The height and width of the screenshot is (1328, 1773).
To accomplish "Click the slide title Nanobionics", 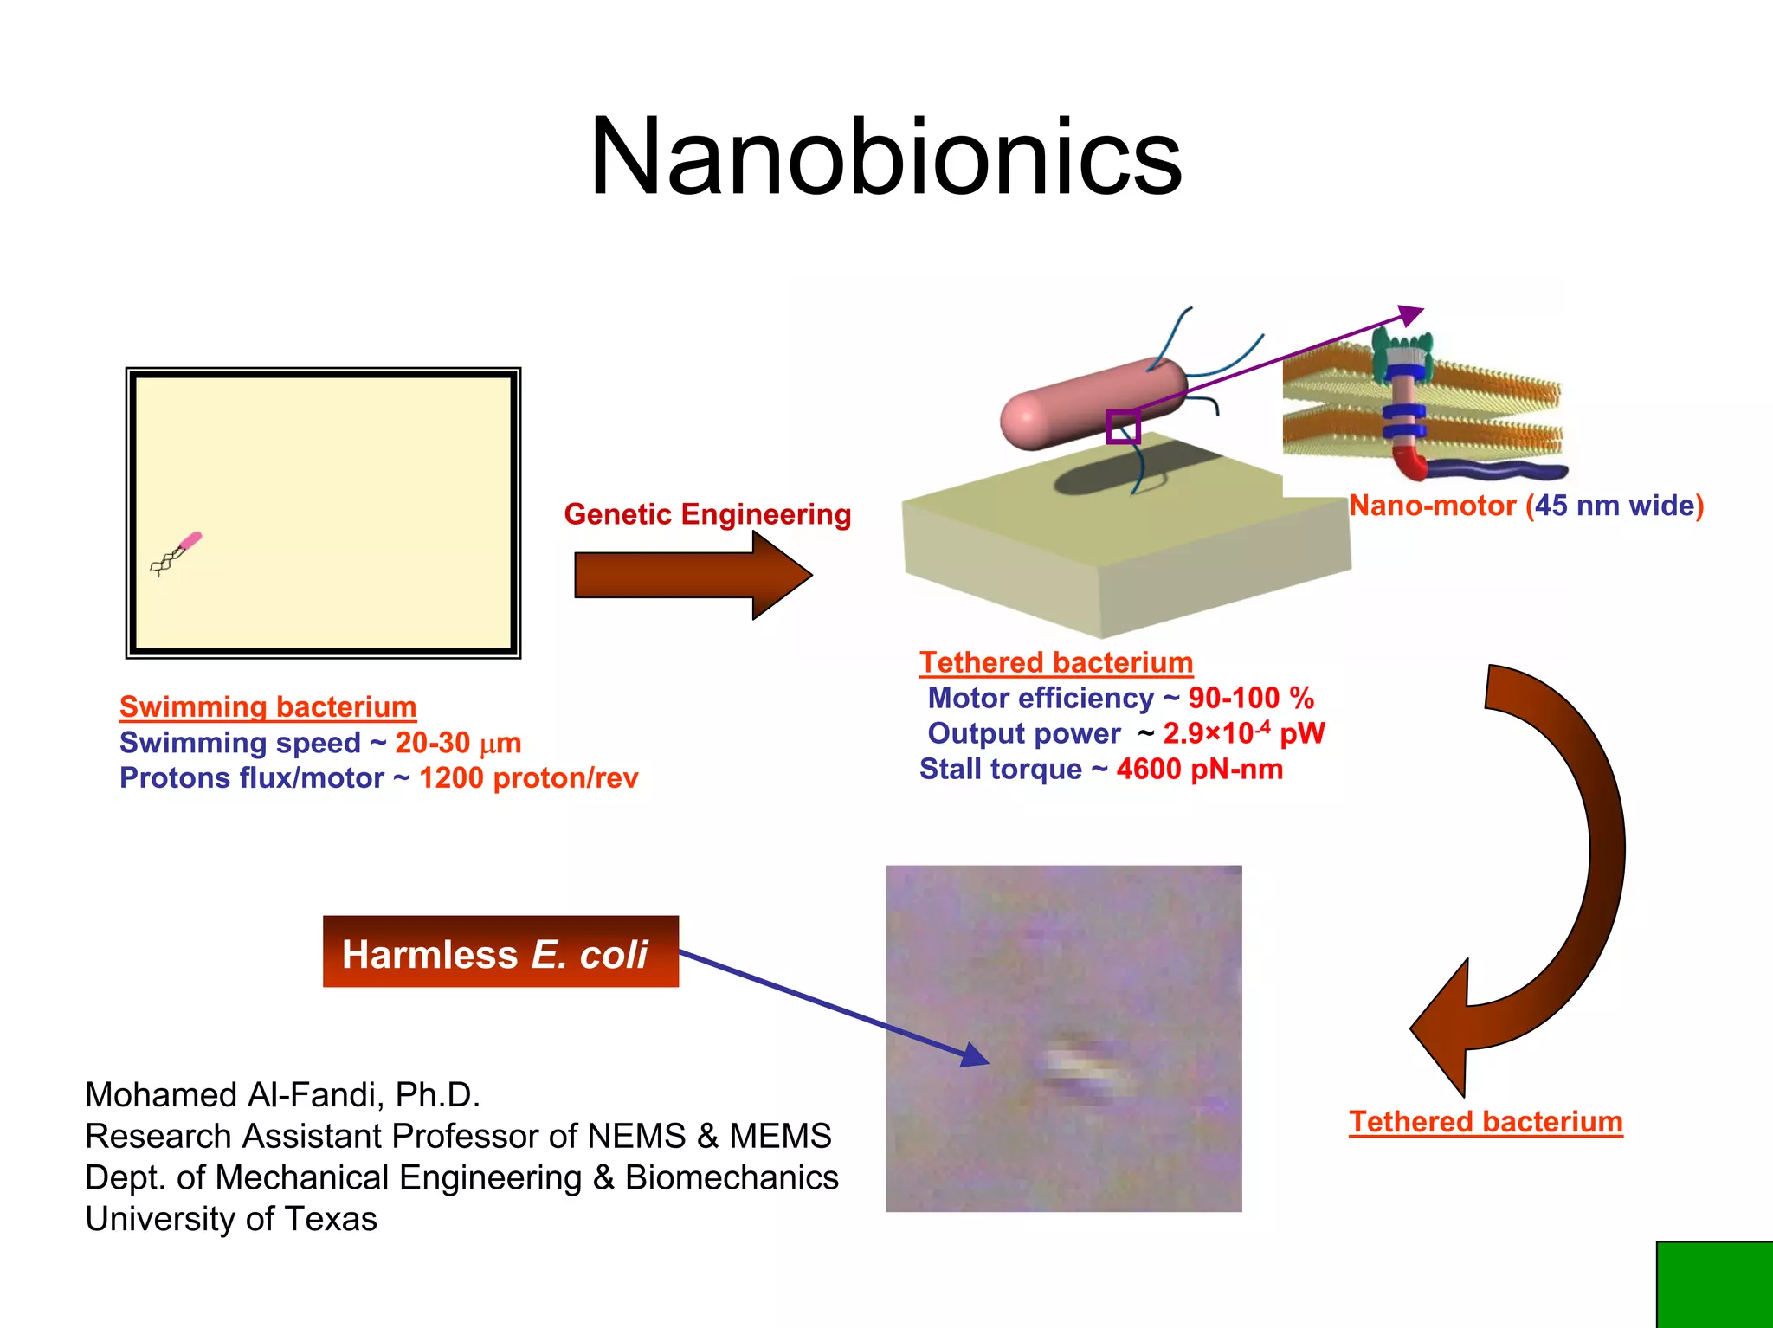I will point(886,158).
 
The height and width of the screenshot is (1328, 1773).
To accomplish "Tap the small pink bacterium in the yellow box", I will point(189,543).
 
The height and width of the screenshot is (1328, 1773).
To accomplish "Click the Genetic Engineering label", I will point(707,514).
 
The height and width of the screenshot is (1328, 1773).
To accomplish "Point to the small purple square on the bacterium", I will point(1123,427).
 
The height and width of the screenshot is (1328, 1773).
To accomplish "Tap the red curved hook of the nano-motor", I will point(1409,463).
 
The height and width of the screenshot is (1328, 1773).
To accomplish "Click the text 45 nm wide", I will point(1615,506).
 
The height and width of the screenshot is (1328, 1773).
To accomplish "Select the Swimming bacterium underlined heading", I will point(268,707).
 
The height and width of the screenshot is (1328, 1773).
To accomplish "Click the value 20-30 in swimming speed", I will point(432,743).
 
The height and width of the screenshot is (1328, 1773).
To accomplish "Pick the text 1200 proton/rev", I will point(528,778).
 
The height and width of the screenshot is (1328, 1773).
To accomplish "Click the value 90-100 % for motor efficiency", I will point(1250,698).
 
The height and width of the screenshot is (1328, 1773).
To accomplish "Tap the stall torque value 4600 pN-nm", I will point(1199,769).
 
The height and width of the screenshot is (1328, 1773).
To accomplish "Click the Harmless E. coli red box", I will point(500,952).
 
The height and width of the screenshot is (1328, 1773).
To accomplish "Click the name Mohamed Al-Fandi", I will point(234,1095).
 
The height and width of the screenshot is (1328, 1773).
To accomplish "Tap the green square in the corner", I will point(1714,1285).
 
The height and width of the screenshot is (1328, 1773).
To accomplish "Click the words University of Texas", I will point(231,1219).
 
